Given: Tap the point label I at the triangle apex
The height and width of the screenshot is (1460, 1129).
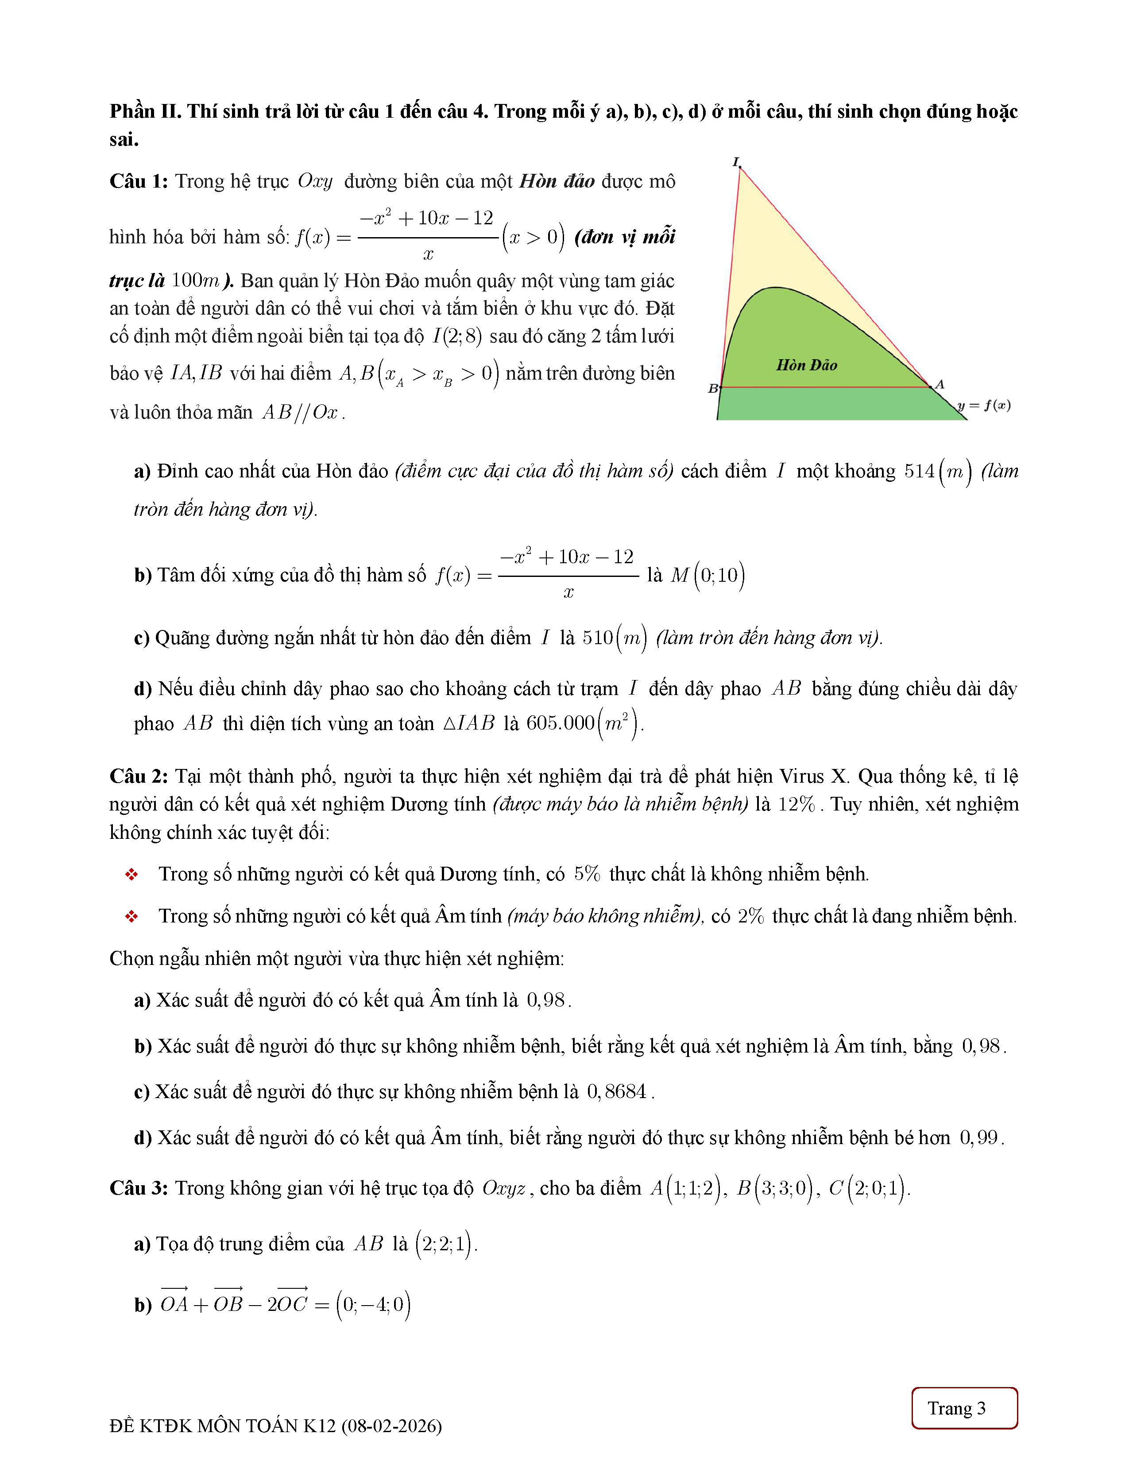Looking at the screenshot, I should (x=736, y=162).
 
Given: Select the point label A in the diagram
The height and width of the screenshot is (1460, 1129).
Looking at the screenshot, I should (x=940, y=384).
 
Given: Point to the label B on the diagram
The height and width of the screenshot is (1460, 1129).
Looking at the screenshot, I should (x=713, y=388).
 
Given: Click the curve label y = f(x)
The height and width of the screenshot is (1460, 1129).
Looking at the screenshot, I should (x=984, y=405).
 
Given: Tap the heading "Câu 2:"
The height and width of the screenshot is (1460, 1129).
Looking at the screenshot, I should (x=139, y=776).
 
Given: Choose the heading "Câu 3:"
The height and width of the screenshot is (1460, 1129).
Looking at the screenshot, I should (x=139, y=1188).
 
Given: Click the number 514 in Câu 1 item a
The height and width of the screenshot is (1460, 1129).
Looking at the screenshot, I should (x=919, y=471).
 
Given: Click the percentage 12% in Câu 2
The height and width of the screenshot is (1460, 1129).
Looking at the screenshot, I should (x=796, y=804).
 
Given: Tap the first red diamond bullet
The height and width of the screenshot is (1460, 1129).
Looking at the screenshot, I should (x=132, y=874).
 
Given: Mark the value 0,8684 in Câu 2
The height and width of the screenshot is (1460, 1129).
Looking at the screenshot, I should (x=617, y=1091).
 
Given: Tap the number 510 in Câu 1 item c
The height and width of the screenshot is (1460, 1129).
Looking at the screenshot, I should (x=597, y=638).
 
